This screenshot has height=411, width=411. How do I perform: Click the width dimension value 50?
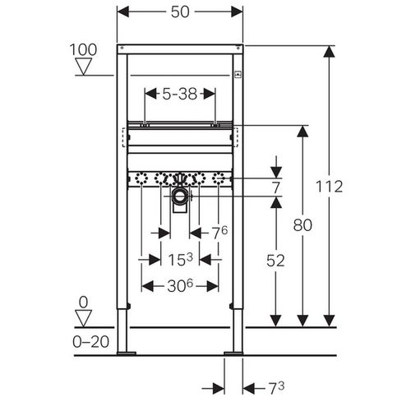pos(180,12)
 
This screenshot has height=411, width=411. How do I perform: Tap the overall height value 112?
pos(329,187)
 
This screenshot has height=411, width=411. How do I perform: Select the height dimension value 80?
pos(302,225)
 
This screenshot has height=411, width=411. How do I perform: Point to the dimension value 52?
pos(275,261)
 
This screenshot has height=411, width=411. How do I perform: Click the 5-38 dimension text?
pos(180,94)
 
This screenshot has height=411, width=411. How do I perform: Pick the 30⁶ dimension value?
pos(180,286)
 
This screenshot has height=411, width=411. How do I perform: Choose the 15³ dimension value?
pos(180,259)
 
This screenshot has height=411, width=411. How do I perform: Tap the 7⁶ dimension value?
pos(220,233)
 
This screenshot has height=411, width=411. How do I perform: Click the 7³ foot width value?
pos(276,388)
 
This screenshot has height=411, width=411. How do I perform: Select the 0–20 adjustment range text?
pos(90,342)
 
